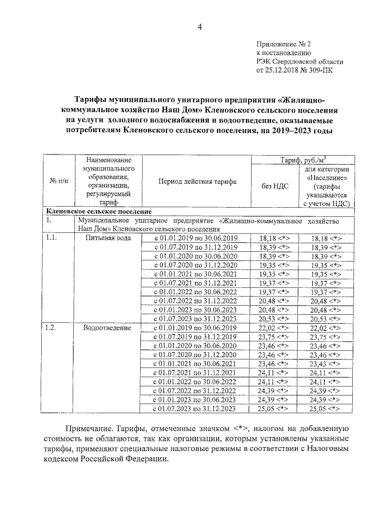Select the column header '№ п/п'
click(58, 181)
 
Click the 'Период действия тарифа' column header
click(197, 181)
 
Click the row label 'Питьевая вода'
click(108, 237)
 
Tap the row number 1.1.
click(53, 237)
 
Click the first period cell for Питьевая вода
click(196, 237)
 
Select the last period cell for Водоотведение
click(196, 409)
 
